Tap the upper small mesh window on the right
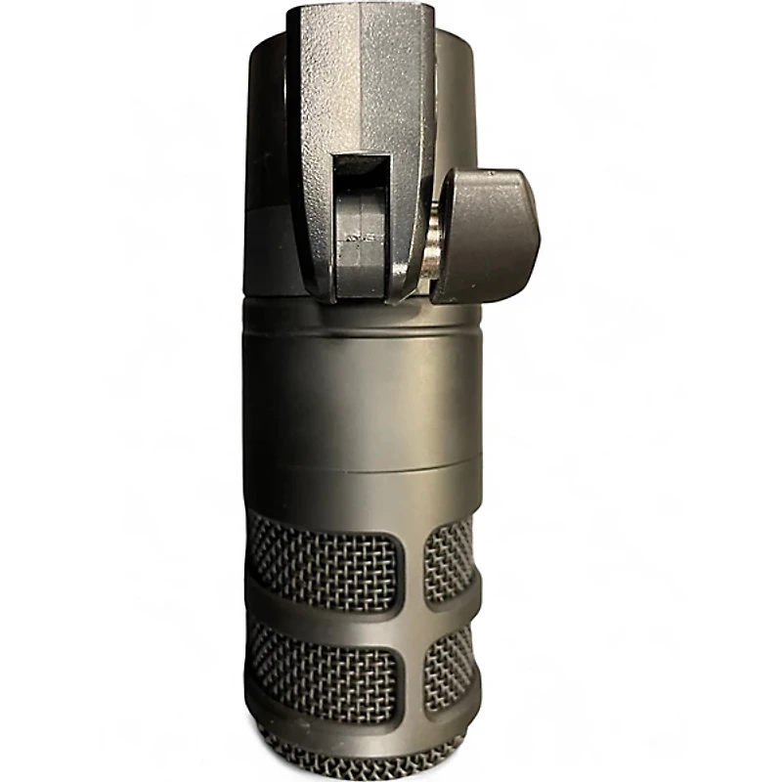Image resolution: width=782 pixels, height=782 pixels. [x=449, y=558]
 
